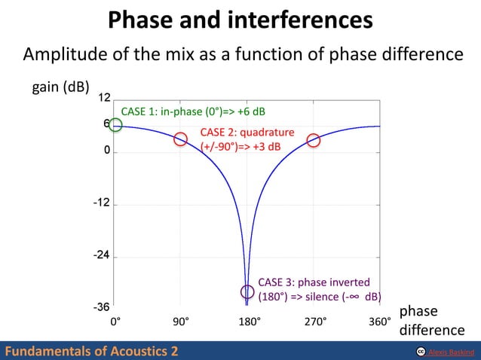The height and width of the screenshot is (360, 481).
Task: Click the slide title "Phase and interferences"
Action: tap(240, 20)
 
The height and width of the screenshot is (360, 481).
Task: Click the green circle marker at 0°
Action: tap(115, 125)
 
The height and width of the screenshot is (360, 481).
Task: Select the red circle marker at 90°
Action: tap(180, 139)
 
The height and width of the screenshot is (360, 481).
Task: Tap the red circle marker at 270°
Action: tap(314, 140)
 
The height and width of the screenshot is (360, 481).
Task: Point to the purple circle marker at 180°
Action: tap(247, 292)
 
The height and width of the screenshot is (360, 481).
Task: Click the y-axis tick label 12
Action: tap(105, 99)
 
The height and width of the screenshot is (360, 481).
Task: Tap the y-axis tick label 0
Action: tap(107, 151)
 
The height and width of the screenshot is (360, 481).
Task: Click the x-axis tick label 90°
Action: tap(180, 322)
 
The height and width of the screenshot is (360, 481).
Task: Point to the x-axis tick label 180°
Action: tap(249, 322)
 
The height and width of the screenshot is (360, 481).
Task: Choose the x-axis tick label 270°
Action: tap(316, 322)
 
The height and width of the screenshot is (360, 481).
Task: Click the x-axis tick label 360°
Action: tap(379, 322)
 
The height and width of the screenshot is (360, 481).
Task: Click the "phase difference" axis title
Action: tap(431, 321)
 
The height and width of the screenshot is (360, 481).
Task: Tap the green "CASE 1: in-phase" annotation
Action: tap(193, 112)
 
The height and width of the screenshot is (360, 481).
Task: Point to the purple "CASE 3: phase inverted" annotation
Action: tap(319, 289)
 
